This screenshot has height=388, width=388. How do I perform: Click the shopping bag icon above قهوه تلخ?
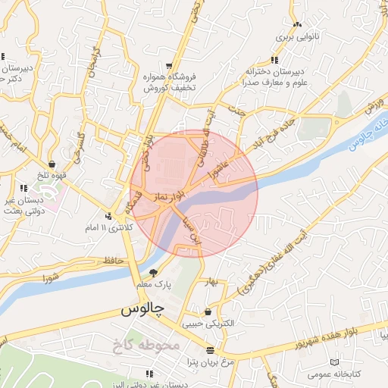click(52, 164)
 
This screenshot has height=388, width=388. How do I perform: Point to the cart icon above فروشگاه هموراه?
click(169, 65)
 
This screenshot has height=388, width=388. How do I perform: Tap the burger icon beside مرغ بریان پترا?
click(210, 350)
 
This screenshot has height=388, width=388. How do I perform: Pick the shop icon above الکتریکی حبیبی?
click(208, 311)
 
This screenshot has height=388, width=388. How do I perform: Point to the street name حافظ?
click(113, 261)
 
